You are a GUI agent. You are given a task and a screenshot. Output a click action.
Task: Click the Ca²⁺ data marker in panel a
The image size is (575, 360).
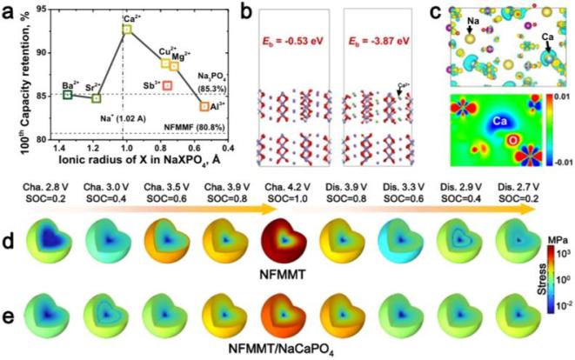(127, 30)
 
